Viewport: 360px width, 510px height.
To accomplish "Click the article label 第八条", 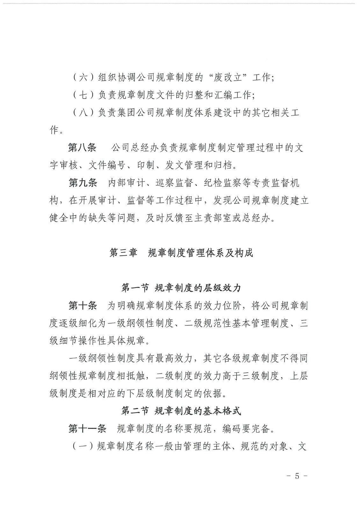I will [x=82, y=148].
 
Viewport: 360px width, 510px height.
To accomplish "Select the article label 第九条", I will [x=83, y=183].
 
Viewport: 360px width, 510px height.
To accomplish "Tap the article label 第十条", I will [x=83, y=306].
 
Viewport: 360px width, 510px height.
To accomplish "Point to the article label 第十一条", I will [x=87, y=429].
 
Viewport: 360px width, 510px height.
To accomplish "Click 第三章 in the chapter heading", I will [x=123, y=253].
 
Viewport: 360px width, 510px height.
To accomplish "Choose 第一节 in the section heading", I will [x=135, y=288].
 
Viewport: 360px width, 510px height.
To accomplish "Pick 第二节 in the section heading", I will [x=135, y=411].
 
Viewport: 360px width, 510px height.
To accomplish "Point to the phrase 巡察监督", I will [x=173, y=183].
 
